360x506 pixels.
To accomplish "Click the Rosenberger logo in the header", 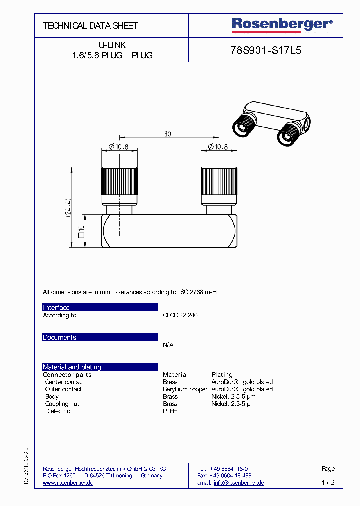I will (282, 24).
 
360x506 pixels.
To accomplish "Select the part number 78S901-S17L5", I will (266, 50).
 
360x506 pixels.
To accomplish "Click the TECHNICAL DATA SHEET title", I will (90, 25).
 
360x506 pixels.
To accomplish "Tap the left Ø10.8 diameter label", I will (115, 146).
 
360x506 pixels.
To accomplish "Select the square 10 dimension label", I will (81, 230).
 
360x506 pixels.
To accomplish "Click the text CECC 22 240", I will (180, 315).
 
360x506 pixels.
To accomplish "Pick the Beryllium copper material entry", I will (185, 389).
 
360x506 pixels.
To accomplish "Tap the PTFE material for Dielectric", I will (170, 411).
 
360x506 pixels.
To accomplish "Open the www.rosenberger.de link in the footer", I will (68, 483).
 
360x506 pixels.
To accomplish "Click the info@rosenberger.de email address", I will (239, 483).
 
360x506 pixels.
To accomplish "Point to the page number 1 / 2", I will (328, 483).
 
